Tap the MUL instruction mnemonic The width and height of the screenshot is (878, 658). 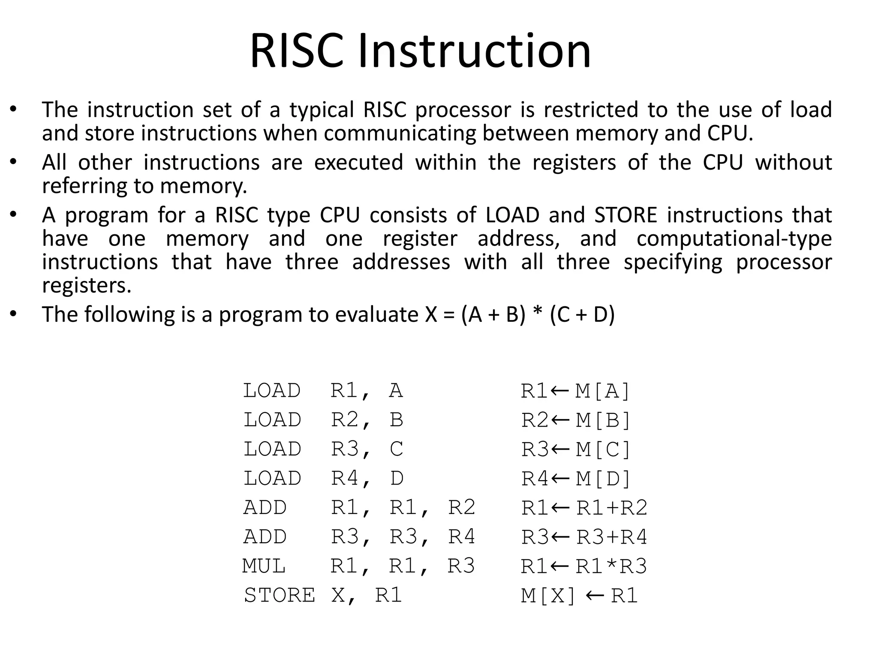point(264,566)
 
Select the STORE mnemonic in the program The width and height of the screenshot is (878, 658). point(279,595)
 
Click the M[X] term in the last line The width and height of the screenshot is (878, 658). point(548,595)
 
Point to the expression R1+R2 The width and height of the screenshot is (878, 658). point(612,508)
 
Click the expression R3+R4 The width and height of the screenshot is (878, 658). point(612,537)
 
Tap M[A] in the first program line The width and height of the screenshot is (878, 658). point(602,391)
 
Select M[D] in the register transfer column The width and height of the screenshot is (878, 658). point(603,479)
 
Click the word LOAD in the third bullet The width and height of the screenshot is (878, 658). point(512,215)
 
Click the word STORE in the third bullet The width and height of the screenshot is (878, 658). point(625,215)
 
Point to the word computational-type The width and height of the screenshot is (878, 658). point(734,239)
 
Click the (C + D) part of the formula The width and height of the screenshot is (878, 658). point(582,314)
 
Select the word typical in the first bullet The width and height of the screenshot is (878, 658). point(322,110)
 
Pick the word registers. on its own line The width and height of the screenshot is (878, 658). point(87,285)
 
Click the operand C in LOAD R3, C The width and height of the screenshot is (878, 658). point(397,449)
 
